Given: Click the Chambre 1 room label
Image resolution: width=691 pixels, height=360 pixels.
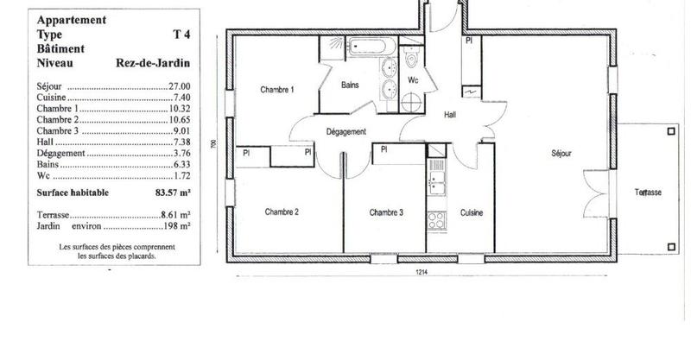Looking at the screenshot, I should pos(278,90).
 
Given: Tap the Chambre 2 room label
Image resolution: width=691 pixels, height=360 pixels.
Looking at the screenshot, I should pos(282,212).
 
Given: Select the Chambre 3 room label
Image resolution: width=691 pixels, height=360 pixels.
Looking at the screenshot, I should pos(386,212).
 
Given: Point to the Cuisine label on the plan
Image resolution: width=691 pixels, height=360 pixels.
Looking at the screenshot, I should pos(471,212).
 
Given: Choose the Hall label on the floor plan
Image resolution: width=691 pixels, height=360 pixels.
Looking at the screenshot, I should pos(450,115).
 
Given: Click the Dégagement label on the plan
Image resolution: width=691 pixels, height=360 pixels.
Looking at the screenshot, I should pos(346,131).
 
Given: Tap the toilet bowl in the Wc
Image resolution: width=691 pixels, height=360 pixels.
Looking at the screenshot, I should pos(412,58).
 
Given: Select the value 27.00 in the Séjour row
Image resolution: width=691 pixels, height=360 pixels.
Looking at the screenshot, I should pos(179,88).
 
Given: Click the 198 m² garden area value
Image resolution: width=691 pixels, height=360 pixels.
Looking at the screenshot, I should pos(177,226).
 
